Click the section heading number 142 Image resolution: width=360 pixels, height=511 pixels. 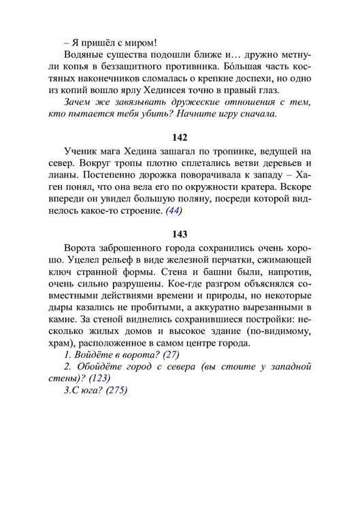click(x=180, y=138)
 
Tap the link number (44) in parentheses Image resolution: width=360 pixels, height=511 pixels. click(x=175, y=210)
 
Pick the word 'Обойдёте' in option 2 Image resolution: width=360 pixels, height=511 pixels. click(x=105, y=367)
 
